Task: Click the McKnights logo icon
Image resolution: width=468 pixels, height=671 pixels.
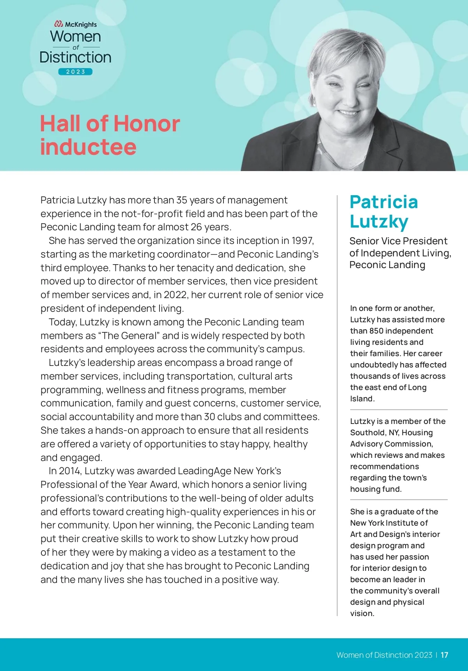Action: (59, 24)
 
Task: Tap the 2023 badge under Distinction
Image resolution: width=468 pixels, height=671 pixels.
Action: (75, 72)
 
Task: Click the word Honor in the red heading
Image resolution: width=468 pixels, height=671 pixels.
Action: (147, 124)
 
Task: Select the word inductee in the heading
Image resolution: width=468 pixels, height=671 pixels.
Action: (88, 147)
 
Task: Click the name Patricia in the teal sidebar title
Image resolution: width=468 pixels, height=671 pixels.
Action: (384, 202)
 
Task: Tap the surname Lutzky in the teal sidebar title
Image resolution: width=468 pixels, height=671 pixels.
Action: (379, 221)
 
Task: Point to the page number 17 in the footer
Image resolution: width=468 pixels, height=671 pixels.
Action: (444, 655)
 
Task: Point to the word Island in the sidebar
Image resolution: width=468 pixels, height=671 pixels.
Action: (362, 399)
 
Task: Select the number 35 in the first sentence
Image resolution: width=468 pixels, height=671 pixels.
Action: (182, 200)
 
